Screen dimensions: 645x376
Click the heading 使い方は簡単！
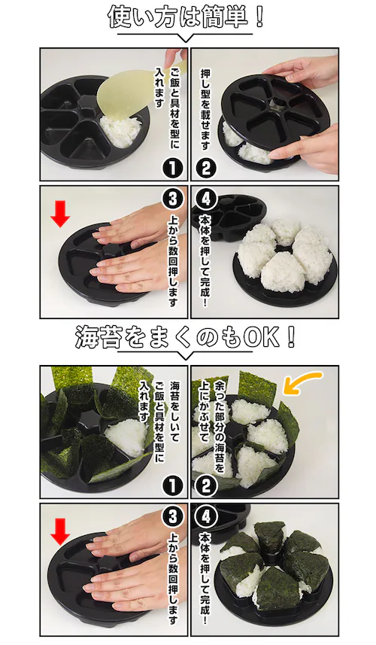(186, 17)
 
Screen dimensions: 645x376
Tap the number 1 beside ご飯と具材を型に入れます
(171, 163)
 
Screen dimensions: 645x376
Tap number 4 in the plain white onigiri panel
(205, 200)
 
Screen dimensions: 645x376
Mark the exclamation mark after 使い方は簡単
(259, 17)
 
